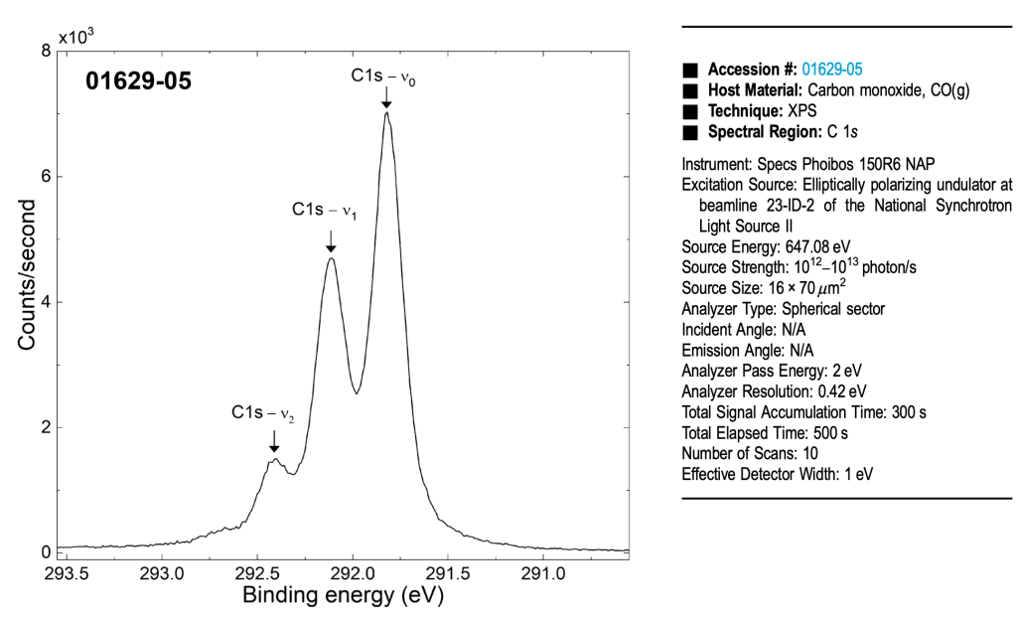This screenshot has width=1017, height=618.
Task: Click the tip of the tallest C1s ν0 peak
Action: point(386,112)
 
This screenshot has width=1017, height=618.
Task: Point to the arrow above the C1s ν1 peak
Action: point(331,240)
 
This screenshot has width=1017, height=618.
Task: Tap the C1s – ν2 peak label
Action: point(263,413)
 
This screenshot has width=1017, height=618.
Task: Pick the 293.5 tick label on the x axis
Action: point(67,573)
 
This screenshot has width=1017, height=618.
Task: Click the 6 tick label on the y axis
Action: point(46,177)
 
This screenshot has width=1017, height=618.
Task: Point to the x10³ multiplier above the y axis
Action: point(75,37)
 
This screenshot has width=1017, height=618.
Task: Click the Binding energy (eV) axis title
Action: point(343,596)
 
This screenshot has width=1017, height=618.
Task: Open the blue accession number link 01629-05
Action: point(831,70)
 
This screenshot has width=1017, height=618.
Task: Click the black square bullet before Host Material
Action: point(689,90)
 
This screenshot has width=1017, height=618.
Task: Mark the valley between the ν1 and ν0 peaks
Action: point(357,393)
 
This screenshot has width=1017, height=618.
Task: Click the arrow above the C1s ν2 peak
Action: point(274,441)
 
